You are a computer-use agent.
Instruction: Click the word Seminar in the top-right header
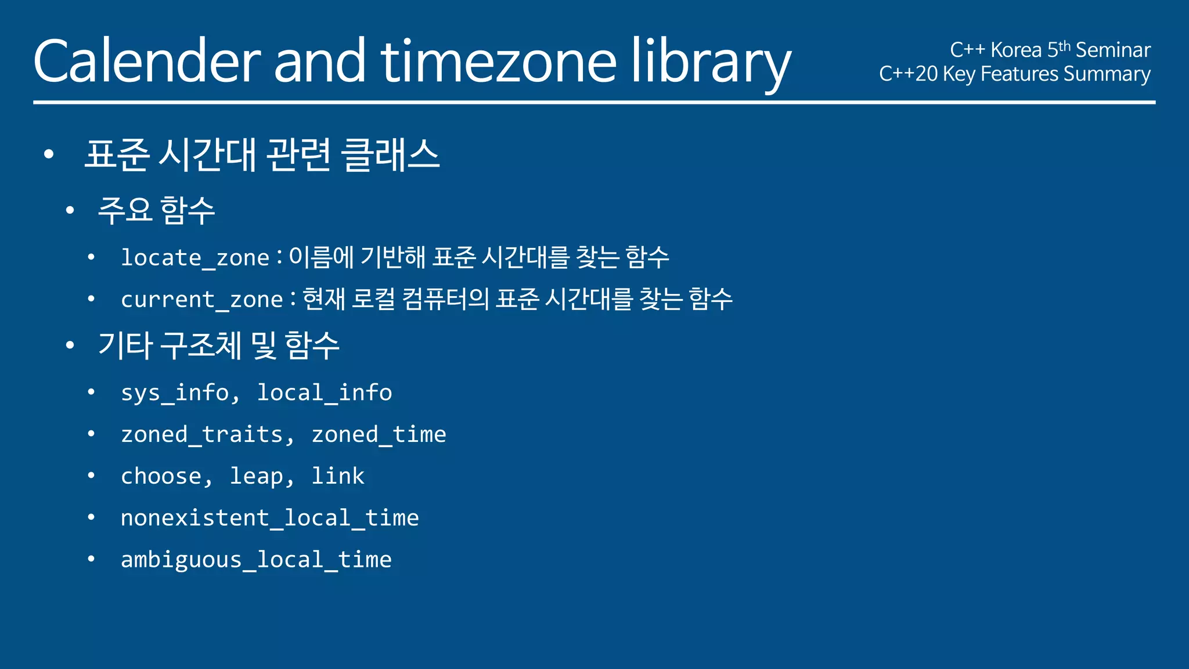tap(1113, 51)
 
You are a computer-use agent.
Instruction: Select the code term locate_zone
tap(195, 258)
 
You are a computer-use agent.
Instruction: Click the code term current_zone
tap(201, 300)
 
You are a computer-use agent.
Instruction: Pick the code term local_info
tap(325, 393)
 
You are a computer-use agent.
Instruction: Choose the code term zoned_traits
tap(201, 435)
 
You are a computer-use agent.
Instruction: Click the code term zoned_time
tap(379, 435)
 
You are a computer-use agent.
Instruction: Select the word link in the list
tap(338, 476)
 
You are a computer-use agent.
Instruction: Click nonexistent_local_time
tap(270, 518)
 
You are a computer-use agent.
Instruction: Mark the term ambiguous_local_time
tap(256, 560)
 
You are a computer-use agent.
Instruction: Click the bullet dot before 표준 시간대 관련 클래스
tap(49, 154)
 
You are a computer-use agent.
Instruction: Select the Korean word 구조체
tap(200, 345)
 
